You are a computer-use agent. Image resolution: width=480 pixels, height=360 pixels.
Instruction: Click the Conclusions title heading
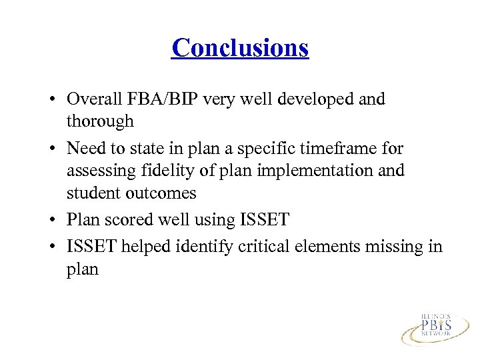240,48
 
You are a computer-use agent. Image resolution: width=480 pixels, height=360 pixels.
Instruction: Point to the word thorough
100,122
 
